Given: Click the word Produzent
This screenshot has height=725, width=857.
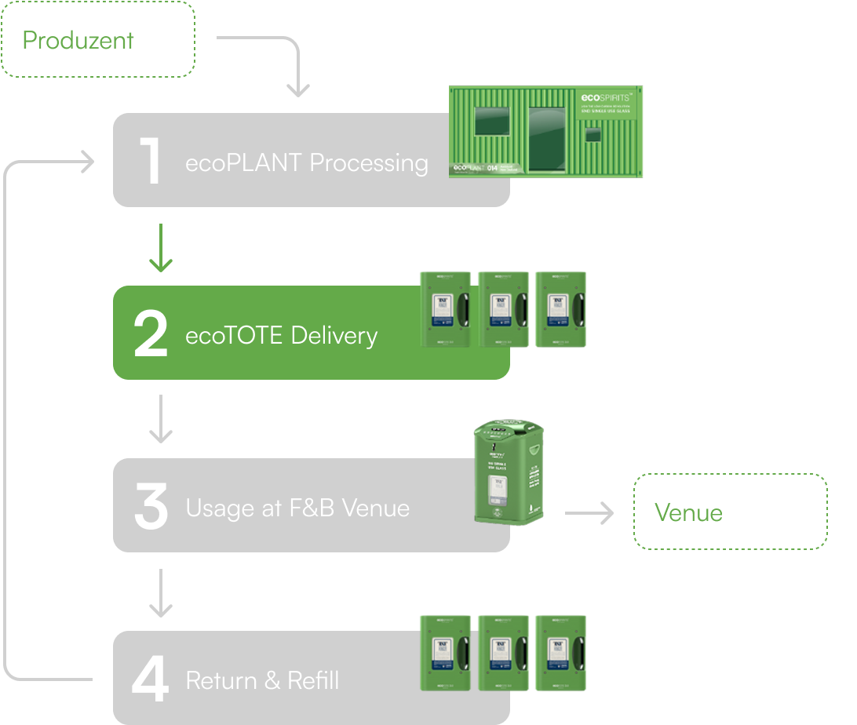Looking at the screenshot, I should (x=78, y=40).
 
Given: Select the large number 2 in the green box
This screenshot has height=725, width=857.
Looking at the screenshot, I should (x=151, y=334).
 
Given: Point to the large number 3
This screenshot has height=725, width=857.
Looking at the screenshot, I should (x=151, y=507).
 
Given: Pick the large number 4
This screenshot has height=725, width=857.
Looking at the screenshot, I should (x=150, y=679).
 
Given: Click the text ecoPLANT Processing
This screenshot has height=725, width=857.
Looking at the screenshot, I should (x=307, y=162).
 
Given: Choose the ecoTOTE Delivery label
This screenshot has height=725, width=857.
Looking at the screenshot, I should (x=281, y=336).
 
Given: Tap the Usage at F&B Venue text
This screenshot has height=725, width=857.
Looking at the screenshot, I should (x=297, y=508).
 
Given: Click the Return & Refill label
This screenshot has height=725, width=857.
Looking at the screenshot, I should (x=262, y=680).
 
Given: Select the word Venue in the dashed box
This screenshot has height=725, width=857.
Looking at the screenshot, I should (x=688, y=512).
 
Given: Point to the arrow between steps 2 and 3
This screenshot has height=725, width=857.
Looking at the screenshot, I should (x=161, y=420).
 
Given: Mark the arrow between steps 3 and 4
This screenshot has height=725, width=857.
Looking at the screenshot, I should (x=161, y=593).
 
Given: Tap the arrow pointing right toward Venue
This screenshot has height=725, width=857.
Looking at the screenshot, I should (x=589, y=514).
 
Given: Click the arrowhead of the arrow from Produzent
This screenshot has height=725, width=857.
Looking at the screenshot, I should (x=297, y=90).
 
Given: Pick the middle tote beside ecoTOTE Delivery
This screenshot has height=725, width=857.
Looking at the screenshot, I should (x=502, y=309).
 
